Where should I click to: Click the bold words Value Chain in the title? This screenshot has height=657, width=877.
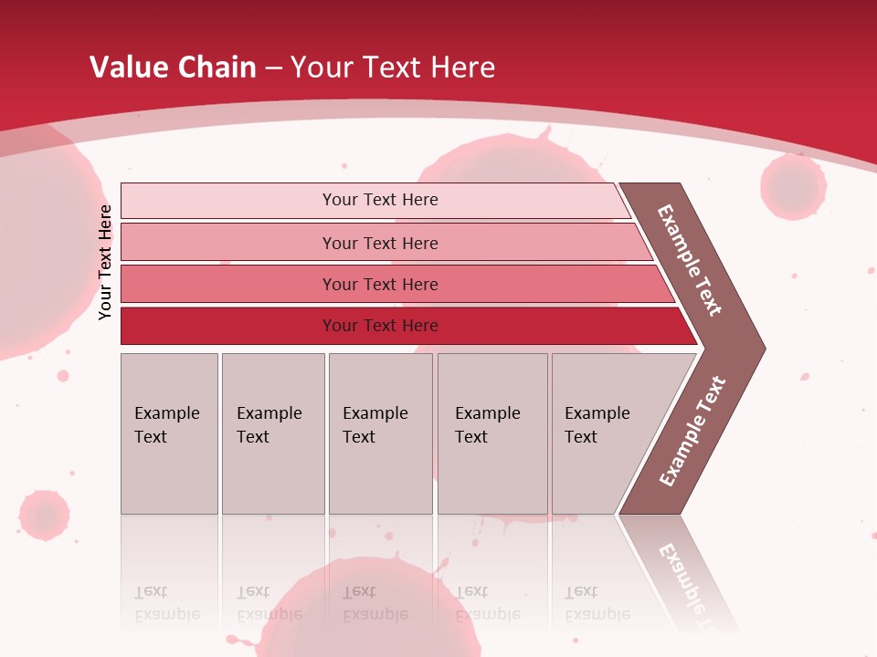173,68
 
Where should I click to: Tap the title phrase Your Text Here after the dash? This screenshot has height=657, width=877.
393,68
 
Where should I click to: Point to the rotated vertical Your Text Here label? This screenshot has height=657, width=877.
106,263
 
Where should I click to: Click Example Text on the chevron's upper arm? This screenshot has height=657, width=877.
690,260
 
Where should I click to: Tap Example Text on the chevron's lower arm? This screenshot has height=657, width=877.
692,432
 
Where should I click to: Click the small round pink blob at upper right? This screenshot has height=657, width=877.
793,187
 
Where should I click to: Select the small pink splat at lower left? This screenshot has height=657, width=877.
44,515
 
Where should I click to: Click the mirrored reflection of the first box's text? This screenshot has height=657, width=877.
166,604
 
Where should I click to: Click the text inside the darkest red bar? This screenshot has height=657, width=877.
380,326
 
